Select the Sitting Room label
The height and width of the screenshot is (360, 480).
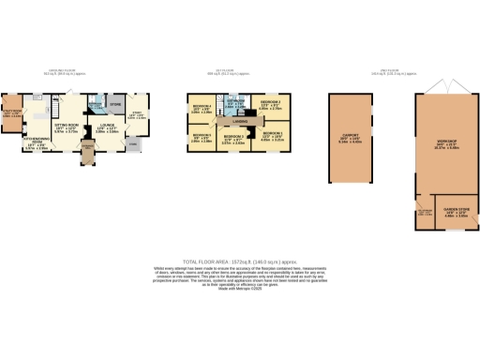(66, 128)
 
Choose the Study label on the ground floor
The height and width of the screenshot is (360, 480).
(135, 116)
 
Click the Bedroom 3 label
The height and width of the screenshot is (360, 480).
(270, 105)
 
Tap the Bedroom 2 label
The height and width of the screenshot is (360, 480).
(233, 140)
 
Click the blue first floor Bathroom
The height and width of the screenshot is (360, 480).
(237, 103)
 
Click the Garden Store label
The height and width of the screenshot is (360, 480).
(456, 212)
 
